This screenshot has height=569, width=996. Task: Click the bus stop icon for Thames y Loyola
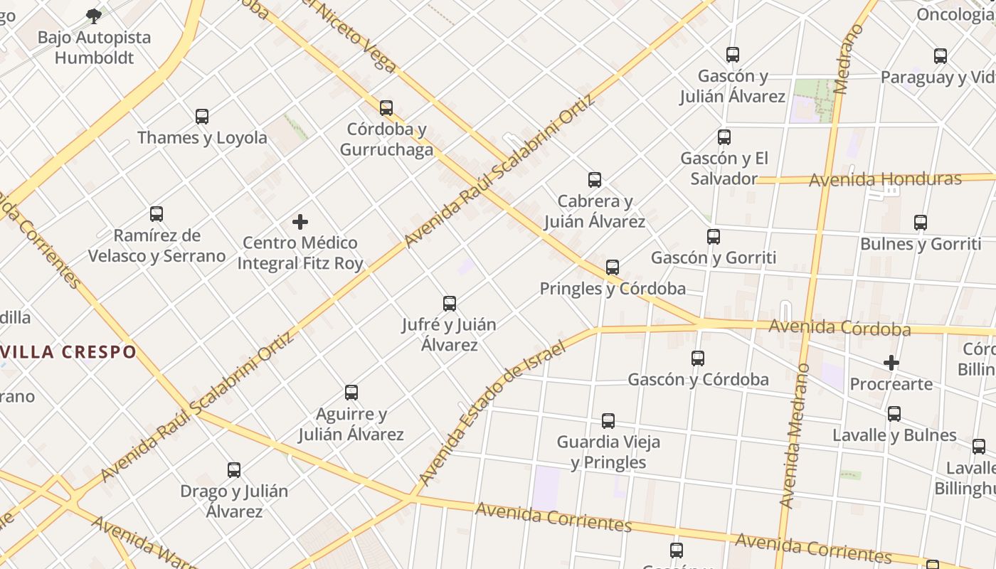pos(202,117)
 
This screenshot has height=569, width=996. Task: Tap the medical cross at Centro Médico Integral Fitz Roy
pos(300,222)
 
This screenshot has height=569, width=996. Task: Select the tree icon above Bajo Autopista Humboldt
pos(93,16)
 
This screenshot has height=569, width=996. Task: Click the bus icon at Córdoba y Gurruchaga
pos(386,108)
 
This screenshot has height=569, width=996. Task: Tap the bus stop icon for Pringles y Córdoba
pos(613,267)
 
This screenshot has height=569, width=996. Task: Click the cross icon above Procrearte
pos(891,363)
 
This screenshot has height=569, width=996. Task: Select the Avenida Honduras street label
pos(885,179)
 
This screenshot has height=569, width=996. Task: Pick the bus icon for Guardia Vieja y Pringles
pos(608,421)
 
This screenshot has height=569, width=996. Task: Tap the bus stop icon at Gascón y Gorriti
pos(714,237)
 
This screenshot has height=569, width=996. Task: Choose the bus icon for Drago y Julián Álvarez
pos(234,470)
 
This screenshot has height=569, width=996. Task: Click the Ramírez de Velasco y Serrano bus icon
pos(157,214)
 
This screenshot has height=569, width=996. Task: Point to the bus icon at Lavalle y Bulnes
pos(894,414)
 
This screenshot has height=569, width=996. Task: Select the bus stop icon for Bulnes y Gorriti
pos(921,223)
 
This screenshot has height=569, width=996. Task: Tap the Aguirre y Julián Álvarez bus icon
pos(351,393)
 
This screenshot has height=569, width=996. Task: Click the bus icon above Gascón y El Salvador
pos(724,137)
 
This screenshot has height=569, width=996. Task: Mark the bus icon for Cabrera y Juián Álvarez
pos(595,180)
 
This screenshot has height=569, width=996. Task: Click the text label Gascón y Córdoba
pos(698,380)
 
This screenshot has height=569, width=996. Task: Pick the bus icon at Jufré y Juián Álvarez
pos(450,304)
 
